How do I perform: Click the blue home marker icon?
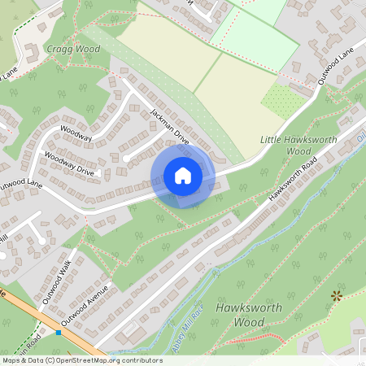[x=183, y=176]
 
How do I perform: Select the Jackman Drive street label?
[x=169, y=126]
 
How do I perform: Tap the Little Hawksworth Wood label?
[x=286, y=146]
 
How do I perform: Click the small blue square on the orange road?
[x=59, y=332]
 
